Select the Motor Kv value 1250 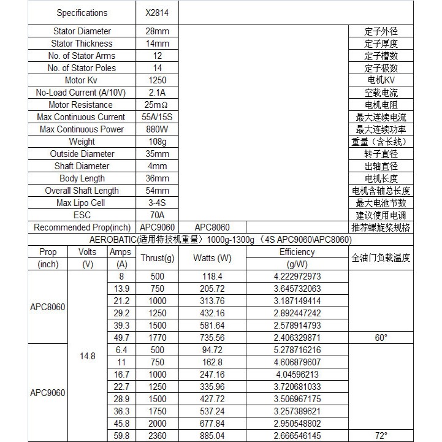[x=158, y=80]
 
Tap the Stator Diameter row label [x=82, y=31]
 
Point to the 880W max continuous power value [x=158, y=129]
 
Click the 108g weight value [x=158, y=142]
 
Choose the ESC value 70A [x=158, y=215]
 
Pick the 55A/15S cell [x=158, y=117]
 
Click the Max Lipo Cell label [x=82, y=203]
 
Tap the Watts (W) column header [x=212, y=258]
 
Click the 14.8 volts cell [x=88, y=356]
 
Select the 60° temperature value [x=381, y=337]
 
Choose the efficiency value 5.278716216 [x=297, y=350]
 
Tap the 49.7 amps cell [x=121, y=337]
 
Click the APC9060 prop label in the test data [x=48, y=392]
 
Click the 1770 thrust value [x=158, y=337]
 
